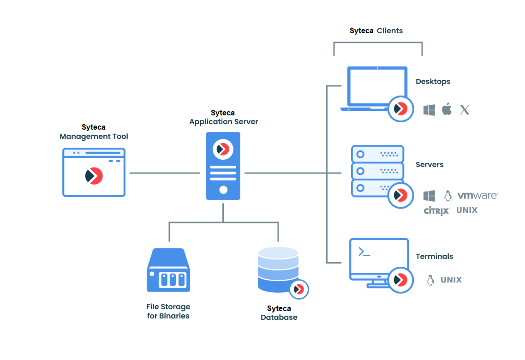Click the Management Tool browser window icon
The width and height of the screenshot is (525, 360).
(94, 173)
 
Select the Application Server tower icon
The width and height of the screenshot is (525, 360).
(223, 166)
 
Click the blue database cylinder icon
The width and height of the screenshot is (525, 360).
(278, 270)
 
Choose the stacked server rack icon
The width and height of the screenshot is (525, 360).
(377, 171)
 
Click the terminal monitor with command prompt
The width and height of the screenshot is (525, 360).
(379, 260)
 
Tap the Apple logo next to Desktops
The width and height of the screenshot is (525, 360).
(447, 109)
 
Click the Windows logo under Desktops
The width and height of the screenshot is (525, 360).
(430, 110)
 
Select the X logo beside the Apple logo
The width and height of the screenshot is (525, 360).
(465, 110)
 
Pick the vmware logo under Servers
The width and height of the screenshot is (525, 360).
(477, 196)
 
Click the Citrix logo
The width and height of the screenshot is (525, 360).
(436, 211)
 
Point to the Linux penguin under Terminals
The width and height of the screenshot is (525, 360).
(430, 280)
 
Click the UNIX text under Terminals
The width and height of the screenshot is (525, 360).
(451, 280)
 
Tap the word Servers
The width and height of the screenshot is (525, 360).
(430, 165)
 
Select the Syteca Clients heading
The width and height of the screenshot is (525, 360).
(376, 31)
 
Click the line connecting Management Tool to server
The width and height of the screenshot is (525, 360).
(164, 173)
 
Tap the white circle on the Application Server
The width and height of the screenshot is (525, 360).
(223, 189)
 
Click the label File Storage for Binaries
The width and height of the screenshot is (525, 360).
(168, 312)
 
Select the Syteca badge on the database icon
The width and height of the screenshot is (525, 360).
(299, 289)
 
